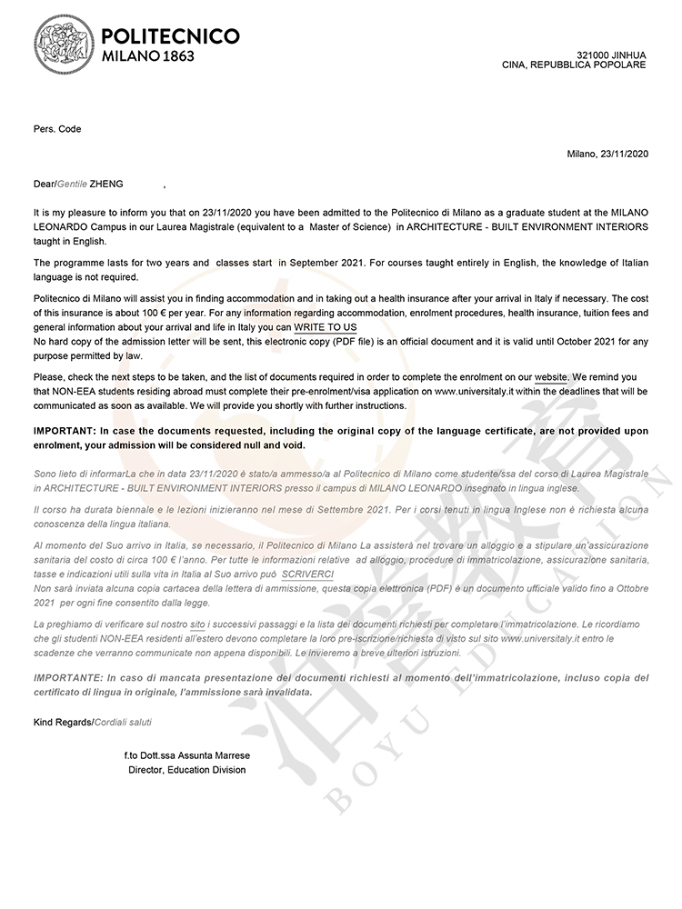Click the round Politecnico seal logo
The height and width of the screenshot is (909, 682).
click(64, 43)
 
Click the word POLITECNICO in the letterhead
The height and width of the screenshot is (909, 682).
click(171, 35)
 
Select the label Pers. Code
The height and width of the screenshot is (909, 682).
click(57, 129)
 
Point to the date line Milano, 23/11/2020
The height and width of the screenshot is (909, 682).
click(607, 154)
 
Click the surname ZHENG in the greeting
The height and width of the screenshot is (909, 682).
click(106, 184)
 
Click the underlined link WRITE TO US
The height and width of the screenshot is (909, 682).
click(325, 327)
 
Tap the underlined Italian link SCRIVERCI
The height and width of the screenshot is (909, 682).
click(307, 575)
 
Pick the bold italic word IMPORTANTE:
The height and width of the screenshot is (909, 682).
click(67, 678)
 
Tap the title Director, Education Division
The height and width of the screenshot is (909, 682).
click(186, 770)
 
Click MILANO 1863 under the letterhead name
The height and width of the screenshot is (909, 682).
click(147, 56)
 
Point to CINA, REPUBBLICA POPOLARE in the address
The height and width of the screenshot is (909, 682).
click(574, 65)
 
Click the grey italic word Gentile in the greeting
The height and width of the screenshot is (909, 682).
click(72, 184)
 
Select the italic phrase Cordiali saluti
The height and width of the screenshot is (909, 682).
click(123, 722)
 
